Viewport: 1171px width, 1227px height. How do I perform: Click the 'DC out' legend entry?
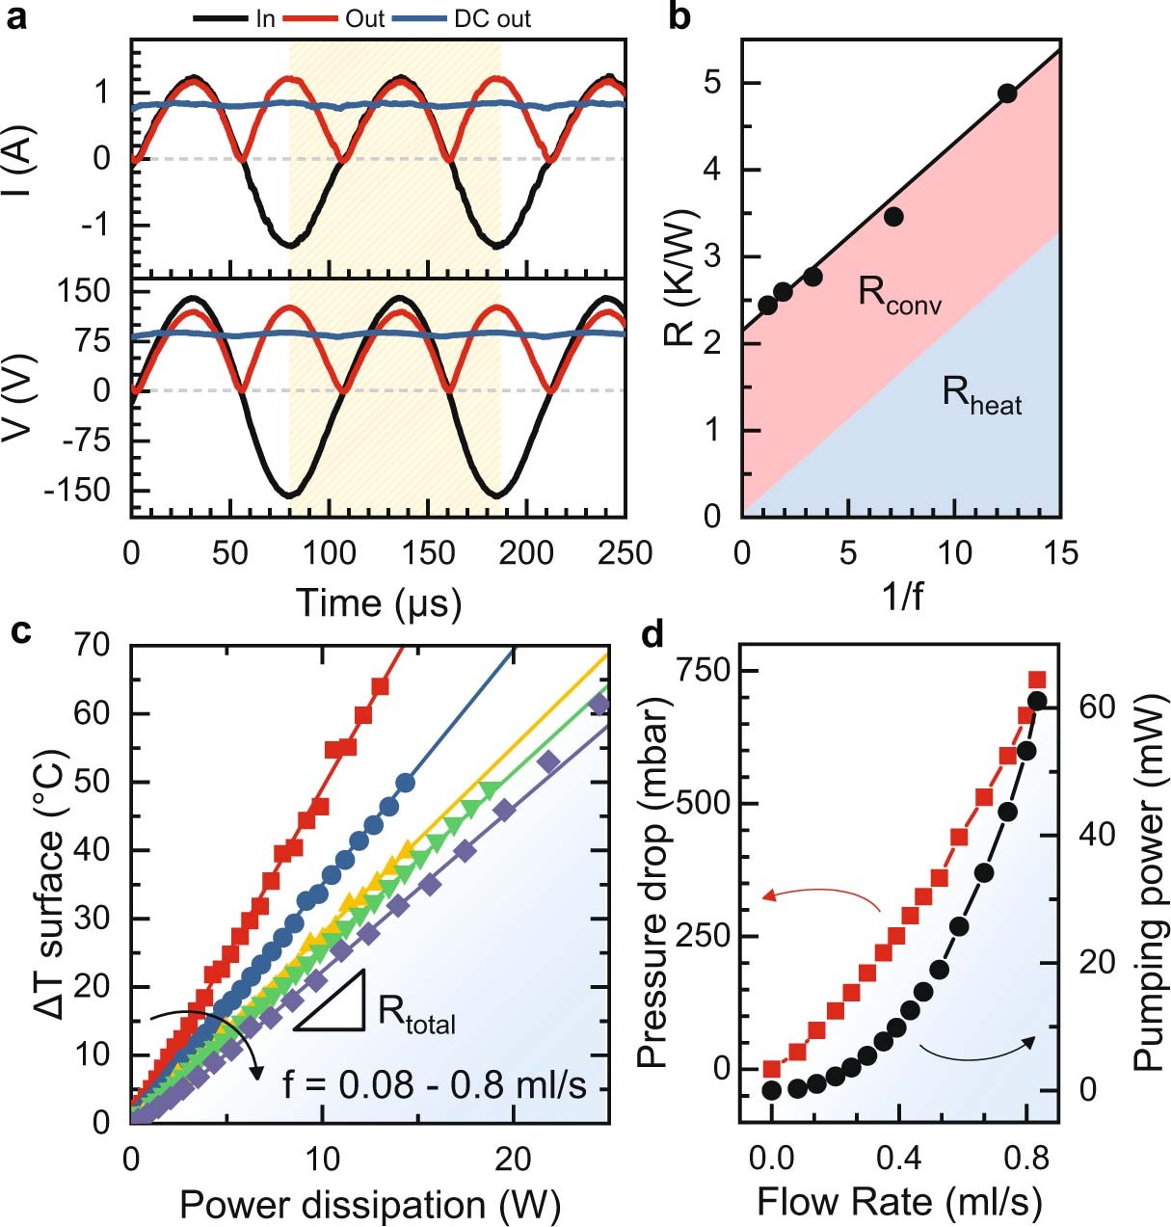(x=492, y=18)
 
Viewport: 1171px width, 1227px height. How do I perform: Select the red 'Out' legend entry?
(x=364, y=18)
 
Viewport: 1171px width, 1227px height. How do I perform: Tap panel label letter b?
(x=679, y=16)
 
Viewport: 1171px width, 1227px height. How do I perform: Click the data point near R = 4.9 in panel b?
(x=1007, y=93)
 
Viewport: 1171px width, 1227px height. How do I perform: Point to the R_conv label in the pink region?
(x=899, y=294)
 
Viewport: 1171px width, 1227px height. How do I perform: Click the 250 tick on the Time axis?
(x=625, y=553)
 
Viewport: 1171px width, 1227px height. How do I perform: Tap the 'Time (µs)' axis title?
(x=378, y=602)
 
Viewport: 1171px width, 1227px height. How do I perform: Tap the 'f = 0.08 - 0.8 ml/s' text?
(x=434, y=1084)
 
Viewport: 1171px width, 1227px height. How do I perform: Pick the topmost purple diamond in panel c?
(x=599, y=704)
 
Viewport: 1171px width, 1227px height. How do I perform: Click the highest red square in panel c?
(x=380, y=686)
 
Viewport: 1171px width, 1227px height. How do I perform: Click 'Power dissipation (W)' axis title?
(x=370, y=1205)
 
